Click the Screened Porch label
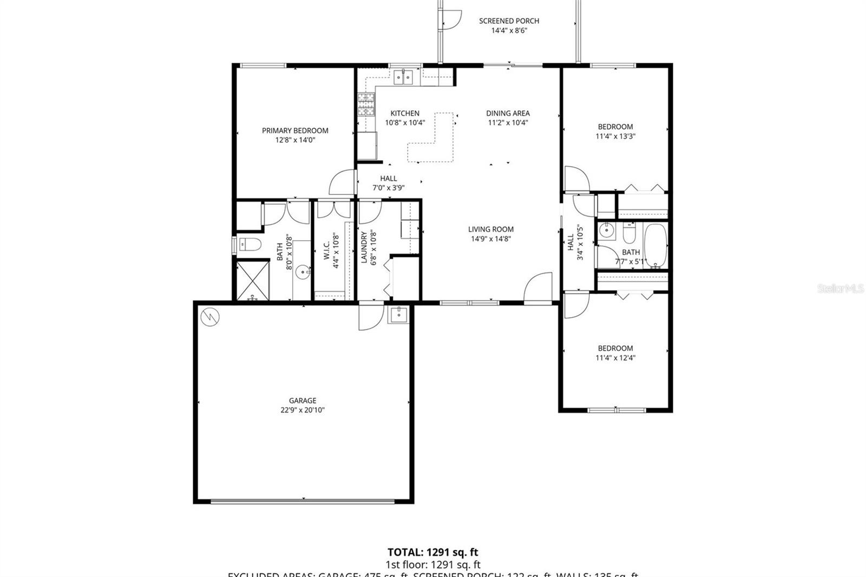[509, 21]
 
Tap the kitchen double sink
[403, 77]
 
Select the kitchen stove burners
[366, 104]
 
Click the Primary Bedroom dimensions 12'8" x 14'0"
[295, 140]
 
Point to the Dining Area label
[508, 113]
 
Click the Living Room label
[491, 229]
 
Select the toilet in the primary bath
[250, 245]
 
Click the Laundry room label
[364, 248]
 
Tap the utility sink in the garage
[398, 314]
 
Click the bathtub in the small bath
[655, 246]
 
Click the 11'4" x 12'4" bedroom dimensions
[615, 357]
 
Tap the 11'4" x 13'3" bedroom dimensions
[615, 136]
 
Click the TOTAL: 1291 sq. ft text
[432, 552]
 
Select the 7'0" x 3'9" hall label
[388, 188]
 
